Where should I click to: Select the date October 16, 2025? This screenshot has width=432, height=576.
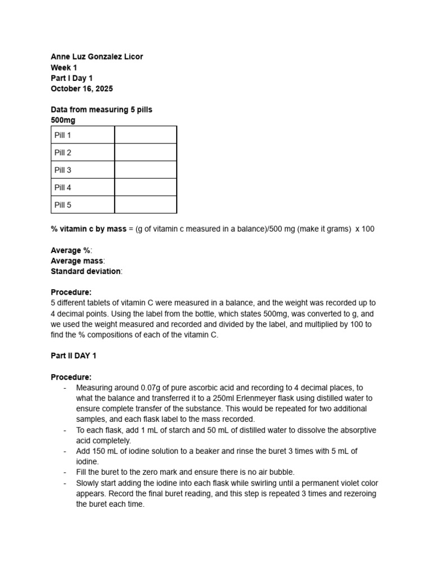pos(82,89)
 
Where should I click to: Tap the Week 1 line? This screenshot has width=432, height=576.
pos(64,67)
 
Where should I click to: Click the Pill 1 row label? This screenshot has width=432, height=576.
pos(62,135)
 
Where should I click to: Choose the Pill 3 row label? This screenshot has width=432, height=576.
pos(62,170)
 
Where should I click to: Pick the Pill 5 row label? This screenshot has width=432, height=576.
pos(62,205)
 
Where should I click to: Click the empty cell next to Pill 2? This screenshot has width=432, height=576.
pos(146,152)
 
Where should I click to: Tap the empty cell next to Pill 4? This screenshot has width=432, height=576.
pos(146,187)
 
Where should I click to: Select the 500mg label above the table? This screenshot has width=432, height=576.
pos(63,120)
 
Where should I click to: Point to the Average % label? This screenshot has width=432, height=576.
pos(71,250)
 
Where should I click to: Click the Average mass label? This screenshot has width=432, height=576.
pos(77,261)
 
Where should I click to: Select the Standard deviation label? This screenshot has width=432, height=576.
pos(85,271)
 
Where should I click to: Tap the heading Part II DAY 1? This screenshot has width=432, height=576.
pos(77,356)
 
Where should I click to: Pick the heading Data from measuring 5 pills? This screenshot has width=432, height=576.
pos(101,110)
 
